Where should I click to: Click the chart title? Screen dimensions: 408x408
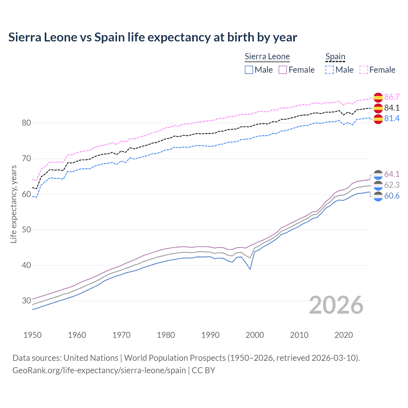153,37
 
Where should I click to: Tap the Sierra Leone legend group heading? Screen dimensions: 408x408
267,56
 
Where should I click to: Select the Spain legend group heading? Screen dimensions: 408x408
335,56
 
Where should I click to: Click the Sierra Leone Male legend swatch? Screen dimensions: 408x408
249,70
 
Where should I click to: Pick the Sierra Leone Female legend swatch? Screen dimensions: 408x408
283,70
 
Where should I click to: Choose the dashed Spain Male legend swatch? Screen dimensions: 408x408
330,70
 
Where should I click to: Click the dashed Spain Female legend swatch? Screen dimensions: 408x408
364,70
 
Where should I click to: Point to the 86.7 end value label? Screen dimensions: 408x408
392,97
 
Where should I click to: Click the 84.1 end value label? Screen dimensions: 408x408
392,108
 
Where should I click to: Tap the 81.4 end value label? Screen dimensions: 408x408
392,118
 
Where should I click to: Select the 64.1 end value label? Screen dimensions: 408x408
392,174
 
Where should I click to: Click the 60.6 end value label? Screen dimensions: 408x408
392,196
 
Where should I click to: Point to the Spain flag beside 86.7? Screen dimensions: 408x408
378,97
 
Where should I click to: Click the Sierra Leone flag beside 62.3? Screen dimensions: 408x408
378,185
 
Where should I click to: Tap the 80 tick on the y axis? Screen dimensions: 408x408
26,123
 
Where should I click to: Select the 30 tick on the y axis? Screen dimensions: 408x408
26,301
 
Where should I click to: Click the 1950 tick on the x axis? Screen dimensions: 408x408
33,335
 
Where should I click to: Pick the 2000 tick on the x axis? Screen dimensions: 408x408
255,335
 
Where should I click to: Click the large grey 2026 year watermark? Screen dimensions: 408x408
336,305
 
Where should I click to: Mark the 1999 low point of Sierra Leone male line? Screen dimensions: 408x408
250,269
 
